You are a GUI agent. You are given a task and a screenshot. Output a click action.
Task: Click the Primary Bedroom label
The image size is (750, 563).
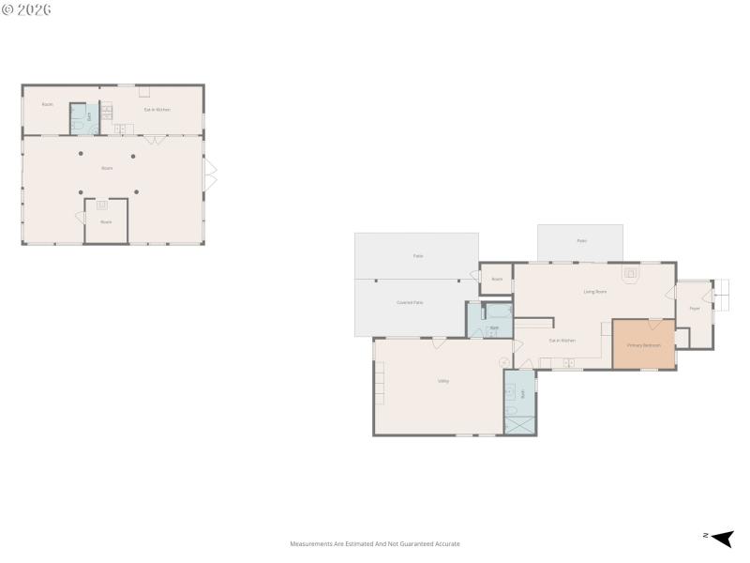point(643,345)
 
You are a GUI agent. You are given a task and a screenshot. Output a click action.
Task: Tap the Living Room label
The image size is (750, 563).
point(595,292)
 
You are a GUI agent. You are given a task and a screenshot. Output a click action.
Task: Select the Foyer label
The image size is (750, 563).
point(695,309)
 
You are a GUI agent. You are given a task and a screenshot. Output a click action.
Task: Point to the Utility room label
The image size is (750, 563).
point(442,381)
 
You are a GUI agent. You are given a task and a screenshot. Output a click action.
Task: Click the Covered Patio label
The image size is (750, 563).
point(410,302)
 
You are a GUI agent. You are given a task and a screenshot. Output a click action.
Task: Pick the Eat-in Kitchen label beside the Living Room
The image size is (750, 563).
point(562,340)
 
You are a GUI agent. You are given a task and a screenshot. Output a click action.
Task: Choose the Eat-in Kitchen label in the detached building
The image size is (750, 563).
point(157,110)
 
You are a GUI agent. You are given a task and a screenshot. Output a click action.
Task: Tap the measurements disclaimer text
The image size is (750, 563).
point(375,544)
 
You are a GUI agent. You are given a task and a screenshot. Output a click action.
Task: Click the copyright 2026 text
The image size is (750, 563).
point(26,9)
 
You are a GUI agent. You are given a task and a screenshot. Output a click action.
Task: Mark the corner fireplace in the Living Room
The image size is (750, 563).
point(632,274)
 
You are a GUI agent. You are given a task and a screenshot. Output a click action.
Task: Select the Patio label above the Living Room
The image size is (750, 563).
point(581,241)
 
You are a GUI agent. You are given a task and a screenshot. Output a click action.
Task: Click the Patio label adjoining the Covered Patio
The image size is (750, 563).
point(418,255)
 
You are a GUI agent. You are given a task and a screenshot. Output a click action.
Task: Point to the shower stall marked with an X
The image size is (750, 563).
point(518,422)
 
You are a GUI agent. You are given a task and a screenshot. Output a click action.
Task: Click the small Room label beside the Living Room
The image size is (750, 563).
point(497,279)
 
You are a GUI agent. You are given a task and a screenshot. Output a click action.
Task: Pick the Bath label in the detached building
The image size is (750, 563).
point(89,117)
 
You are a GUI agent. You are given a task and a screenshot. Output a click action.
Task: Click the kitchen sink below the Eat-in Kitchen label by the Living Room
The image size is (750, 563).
point(567,362)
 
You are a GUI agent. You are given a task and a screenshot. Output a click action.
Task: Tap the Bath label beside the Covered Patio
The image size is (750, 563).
point(493,327)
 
